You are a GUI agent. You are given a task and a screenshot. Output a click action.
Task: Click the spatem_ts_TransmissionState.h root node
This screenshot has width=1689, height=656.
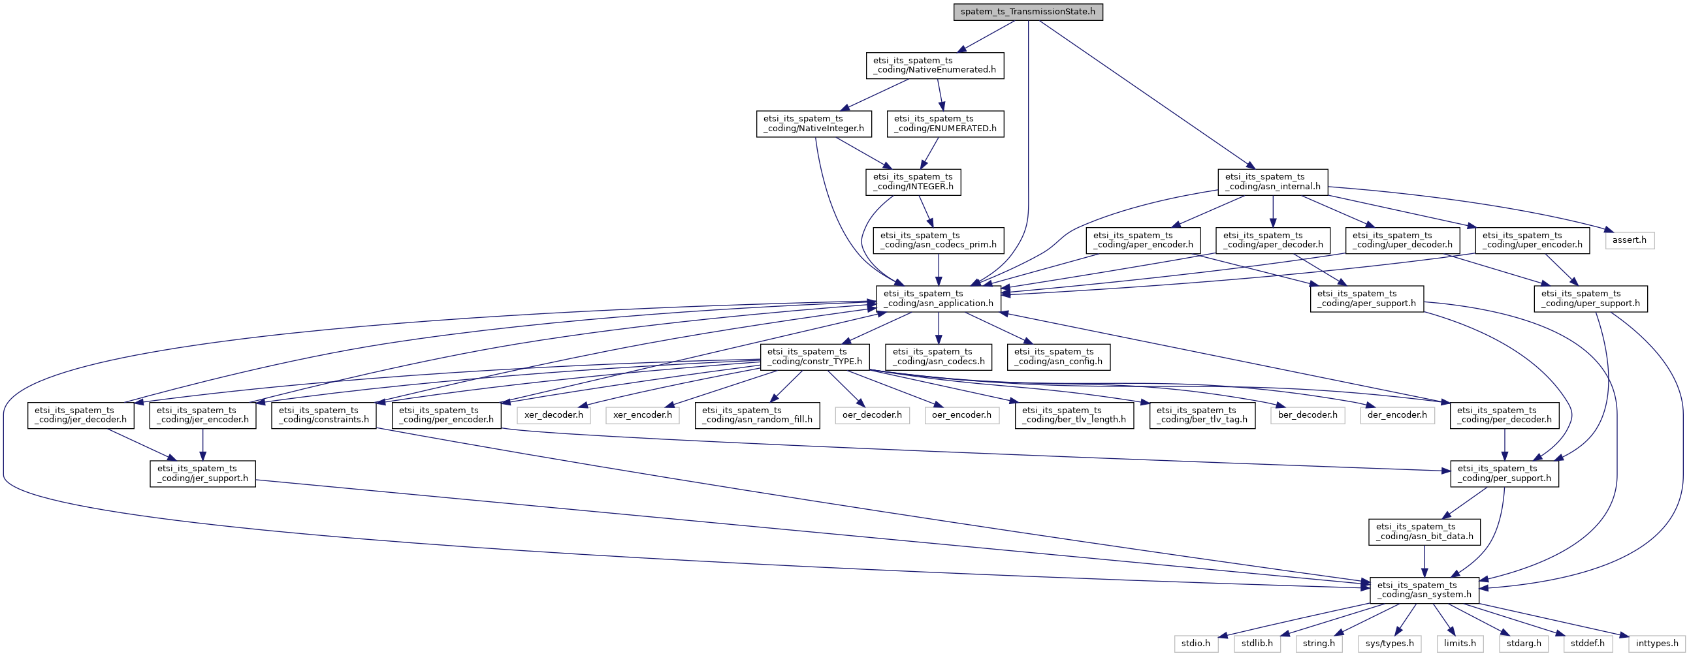(x=1028, y=12)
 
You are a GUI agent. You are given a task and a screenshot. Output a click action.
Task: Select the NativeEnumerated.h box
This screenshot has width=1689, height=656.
(x=935, y=65)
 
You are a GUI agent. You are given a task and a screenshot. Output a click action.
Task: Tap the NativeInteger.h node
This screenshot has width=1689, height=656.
(x=814, y=123)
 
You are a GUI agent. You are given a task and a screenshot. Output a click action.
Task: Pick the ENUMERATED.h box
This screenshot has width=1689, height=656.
(x=945, y=123)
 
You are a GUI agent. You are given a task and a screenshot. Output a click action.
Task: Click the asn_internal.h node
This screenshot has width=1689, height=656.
(x=1273, y=181)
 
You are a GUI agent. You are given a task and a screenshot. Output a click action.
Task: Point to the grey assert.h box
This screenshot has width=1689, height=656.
(x=1630, y=240)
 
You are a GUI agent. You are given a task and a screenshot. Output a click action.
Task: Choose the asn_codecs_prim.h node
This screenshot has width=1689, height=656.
(x=939, y=240)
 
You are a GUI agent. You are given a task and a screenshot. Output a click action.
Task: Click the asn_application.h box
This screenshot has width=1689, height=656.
(x=939, y=298)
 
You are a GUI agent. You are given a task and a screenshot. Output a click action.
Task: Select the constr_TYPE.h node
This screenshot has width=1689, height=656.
(x=814, y=356)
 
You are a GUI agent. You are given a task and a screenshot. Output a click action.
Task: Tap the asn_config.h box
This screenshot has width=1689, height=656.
(x=1058, y=356)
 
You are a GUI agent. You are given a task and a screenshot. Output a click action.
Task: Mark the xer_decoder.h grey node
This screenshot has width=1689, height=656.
(x=553, y=415)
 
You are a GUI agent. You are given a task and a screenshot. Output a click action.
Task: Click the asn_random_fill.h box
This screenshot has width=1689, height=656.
(x=757, y=415)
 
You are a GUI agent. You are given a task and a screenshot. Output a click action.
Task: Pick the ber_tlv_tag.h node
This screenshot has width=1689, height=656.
(x=1202, y=415)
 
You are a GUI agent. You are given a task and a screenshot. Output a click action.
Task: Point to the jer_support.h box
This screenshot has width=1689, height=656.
(x=202, y=473)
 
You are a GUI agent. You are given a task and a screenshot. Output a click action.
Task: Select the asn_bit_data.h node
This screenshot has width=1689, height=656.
(x=1424, y=531)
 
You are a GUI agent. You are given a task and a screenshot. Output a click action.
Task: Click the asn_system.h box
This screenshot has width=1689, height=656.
(x=1424, y=590)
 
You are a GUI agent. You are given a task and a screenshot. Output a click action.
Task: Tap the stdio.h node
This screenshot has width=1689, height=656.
(x=1196, y=644)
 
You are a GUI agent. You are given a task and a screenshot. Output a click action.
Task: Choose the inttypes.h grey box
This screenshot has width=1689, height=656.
(x=1657, y=644)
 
